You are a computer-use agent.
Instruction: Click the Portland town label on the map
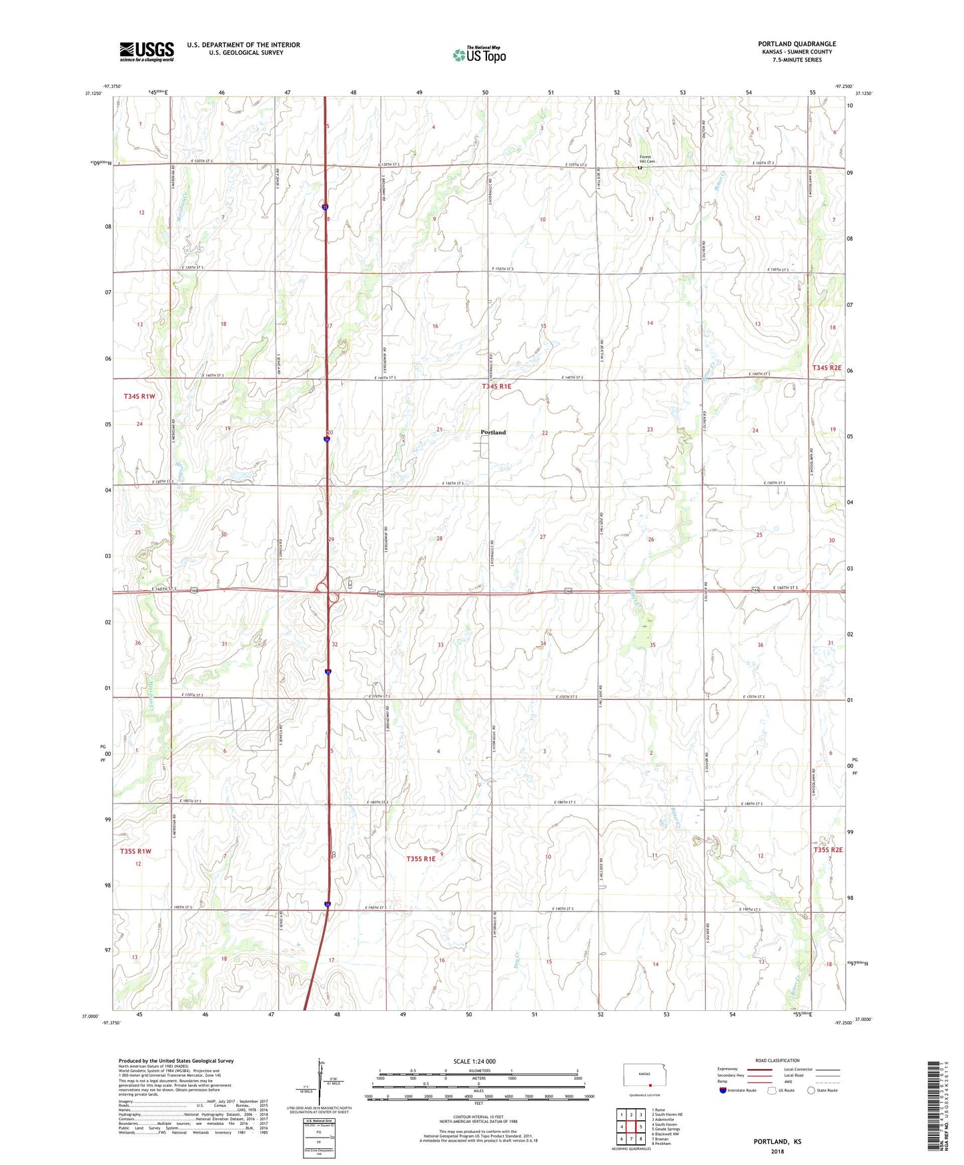(493, 432)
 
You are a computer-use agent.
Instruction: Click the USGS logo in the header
(147, 51)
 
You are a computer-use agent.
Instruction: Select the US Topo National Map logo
(479, 55)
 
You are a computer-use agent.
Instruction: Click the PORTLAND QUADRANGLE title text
(797, 44)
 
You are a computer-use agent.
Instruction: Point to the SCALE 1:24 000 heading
(474, 1061)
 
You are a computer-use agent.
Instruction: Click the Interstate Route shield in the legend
(723, 1090)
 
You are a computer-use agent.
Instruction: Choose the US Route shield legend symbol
(771, 1090)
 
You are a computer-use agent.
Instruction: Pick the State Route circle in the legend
(811, 1090)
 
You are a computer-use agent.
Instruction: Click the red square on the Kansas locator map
(650, 1085)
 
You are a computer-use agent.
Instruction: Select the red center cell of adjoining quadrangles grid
(631, 1126)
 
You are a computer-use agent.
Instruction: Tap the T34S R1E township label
(496, 386)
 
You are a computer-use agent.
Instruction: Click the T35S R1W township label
(136, 851)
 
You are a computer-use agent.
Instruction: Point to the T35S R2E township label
(828, 849)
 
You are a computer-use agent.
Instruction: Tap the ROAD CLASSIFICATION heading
(777, 1060)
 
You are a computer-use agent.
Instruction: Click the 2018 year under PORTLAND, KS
(777, 1151)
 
